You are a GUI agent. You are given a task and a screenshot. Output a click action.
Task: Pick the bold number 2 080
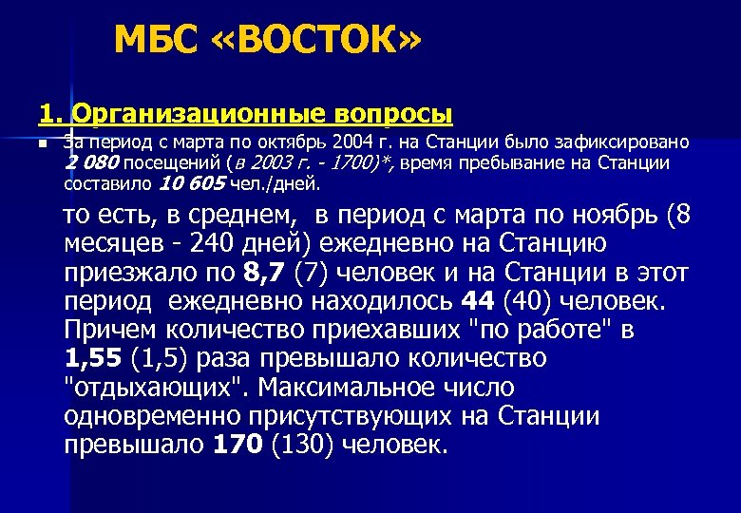[91, 163]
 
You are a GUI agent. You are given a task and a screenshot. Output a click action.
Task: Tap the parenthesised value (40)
[522, 301]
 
